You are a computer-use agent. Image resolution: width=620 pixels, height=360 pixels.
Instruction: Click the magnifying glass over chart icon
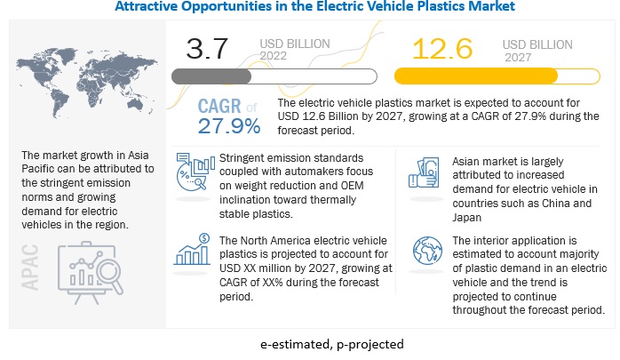[x=88, y=270]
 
